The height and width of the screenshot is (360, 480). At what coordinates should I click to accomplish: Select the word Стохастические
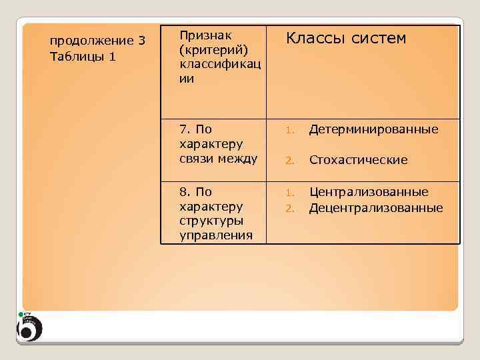[358, 160]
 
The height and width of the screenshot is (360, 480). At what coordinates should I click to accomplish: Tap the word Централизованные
[369, 192]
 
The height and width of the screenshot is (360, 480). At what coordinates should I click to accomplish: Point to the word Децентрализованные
[376, 208]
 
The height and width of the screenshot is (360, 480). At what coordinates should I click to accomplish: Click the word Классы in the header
[313, 39]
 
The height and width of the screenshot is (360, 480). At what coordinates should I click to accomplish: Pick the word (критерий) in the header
[209, 50]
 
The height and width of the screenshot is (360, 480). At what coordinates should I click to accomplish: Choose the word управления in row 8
[216, 235]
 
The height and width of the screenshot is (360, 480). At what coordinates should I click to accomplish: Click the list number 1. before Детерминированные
[289, 129]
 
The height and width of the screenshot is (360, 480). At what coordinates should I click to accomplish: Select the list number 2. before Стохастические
[289, 161]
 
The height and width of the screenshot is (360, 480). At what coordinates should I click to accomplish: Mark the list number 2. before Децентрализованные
[289, 209]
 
